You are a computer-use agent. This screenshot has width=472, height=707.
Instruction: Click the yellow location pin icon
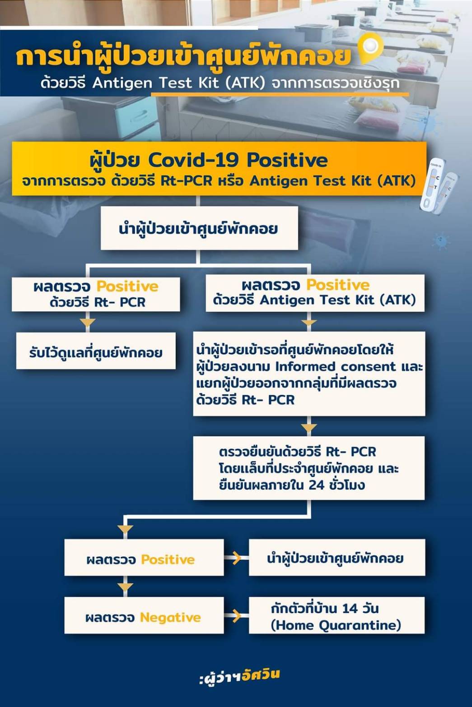(x=370, y=48)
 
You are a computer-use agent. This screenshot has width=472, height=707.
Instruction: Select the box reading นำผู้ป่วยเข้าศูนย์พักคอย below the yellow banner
(x=199, y=228)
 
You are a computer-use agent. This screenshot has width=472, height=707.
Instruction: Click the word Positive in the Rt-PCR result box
(x=127, y=286)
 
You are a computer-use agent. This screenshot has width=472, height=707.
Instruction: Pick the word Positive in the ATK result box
(x=338, y=285)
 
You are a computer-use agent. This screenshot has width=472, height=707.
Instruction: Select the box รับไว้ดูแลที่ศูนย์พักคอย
(x=96, y=352)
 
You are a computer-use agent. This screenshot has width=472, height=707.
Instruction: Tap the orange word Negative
(x=170, y=617)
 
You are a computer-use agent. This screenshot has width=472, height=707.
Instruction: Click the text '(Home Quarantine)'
(x=336, y=625)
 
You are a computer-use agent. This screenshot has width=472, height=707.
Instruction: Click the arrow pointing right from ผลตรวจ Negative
(x=236, y=615)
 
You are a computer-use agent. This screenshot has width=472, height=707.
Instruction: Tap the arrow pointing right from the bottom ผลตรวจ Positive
(x=236, y=558)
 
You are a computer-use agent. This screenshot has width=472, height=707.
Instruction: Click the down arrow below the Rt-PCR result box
(x=87, y=322)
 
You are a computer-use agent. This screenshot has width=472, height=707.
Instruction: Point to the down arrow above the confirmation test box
(x=309, y=427)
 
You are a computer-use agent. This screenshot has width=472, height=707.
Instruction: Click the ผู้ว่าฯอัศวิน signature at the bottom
(x=239, y=675)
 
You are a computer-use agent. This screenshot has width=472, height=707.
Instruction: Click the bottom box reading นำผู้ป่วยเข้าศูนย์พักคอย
(x=336, y=558)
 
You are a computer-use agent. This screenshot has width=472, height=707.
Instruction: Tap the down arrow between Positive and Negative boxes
(x=125, y=587)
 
